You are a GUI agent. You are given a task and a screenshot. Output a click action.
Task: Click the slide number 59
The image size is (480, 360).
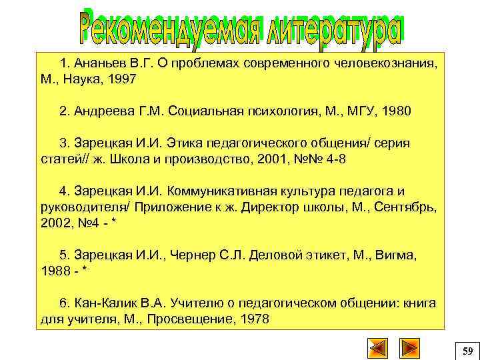click(467, 349)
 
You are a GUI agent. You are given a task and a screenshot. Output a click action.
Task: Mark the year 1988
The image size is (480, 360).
click(55, 271)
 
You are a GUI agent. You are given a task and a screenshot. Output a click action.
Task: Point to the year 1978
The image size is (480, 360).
click(254, 319)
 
